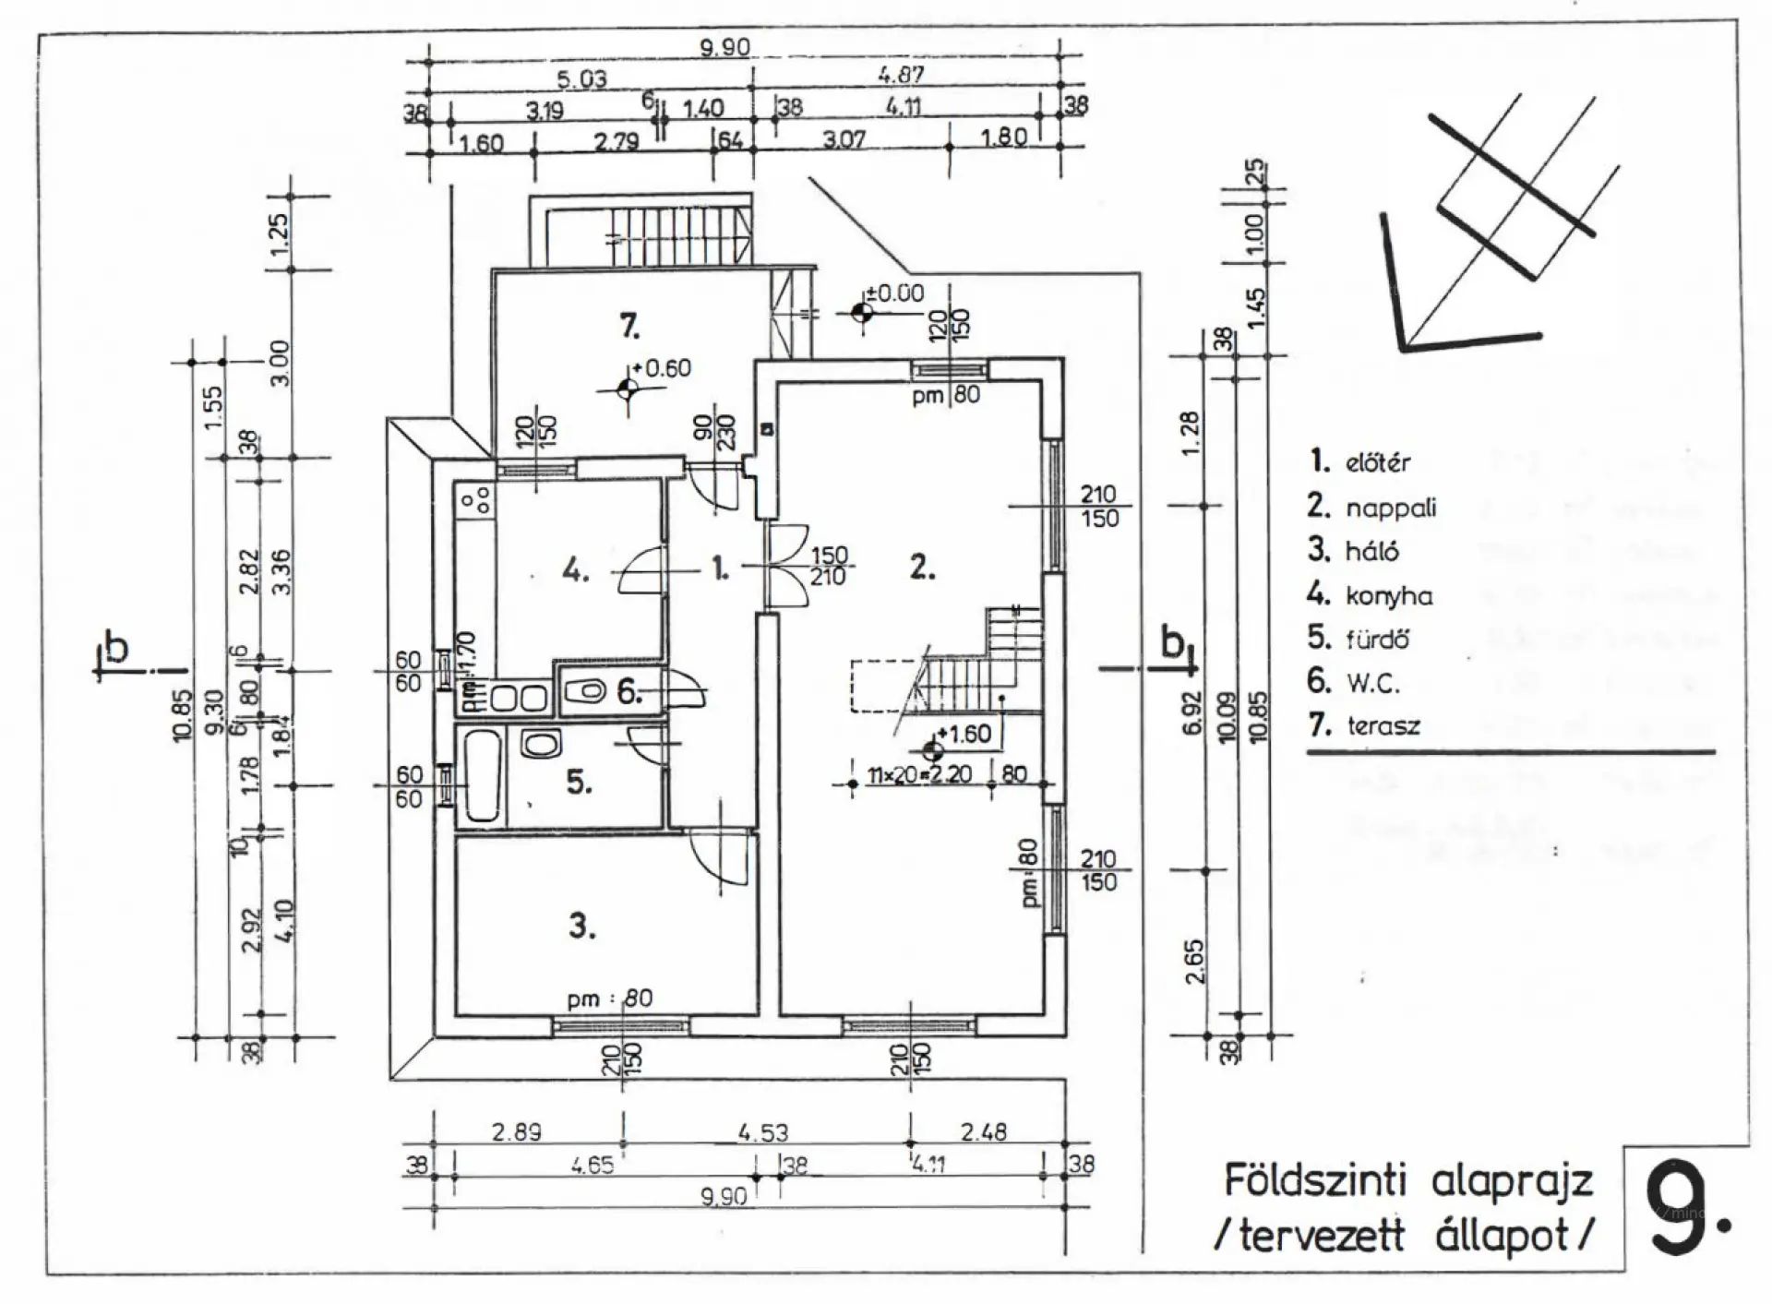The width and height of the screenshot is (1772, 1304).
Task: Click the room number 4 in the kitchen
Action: pos(574,571)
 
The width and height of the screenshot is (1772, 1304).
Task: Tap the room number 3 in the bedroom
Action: pos(581,925)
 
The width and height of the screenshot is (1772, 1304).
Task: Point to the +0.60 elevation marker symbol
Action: pos(628,388)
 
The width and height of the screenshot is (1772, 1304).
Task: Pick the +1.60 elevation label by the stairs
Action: pos(964,735)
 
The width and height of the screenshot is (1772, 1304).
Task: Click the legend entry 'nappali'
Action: pos(1391,508)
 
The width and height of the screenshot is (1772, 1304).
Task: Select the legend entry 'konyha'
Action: pos(1389,596)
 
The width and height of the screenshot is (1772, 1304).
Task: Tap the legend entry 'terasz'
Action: pos(1383,725)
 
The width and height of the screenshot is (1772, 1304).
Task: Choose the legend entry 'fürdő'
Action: pos(1378,639)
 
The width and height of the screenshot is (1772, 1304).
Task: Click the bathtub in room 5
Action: pos(481,776)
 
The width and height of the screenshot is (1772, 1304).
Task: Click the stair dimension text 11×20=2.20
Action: pos(919,773)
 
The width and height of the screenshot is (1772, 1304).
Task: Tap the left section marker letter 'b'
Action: pos(116,648)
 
